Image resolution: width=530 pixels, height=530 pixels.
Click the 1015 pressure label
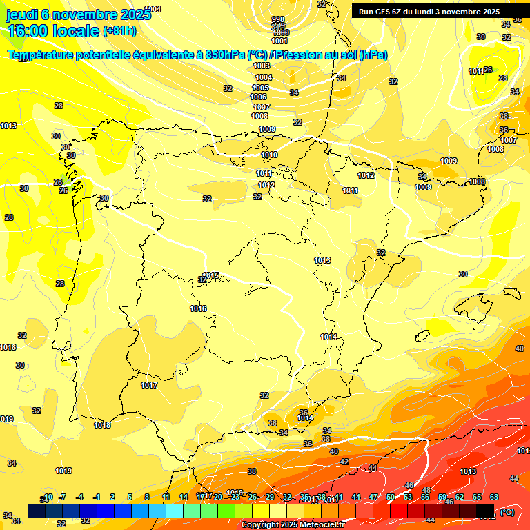(x=211, y=275)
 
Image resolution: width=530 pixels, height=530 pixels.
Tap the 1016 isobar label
(x=198, y=308)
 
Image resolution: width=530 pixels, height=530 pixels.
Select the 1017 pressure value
(x=149, y=385)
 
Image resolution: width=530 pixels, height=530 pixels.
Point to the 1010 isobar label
(x=269, y=155)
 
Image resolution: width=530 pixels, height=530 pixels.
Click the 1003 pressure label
(x=262, y=66)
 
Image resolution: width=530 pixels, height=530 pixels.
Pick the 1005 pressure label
(x=260, y=88)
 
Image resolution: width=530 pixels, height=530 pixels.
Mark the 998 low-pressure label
(x=278, y=19)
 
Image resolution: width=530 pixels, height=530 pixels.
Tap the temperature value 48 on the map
(x=426, y=490)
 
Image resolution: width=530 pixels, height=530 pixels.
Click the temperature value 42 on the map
(x=344, y=462)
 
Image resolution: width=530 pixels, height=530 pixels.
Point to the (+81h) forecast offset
(x=119, y=31)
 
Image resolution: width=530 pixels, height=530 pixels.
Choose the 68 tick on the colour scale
(x=494, y=497)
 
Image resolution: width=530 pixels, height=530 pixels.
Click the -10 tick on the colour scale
(x=46, y=497)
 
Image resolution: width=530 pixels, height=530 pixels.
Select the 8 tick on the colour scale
(x=147, y=497)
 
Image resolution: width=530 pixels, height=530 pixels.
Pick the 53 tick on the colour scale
(x=408, y=497)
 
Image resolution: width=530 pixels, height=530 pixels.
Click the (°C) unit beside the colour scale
(x=507, y=512)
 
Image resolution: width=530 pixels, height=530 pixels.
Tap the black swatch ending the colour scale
(x=485, y=511)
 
